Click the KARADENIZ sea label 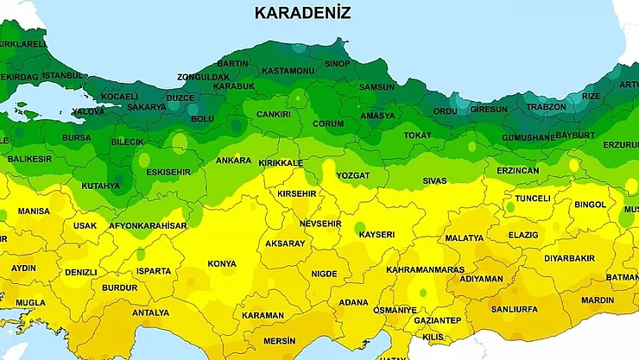[x=303, y=13]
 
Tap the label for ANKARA [x=233, y=161]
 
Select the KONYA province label [x=222, y=264]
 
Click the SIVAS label [x=434, y=181]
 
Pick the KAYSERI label [x=376, y=235]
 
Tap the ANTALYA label [x=151, y=313]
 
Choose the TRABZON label [x=546, y=107]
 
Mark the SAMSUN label [x=376, y=88]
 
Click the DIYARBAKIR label [x=569, y=258]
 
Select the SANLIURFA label [x=513, y=309]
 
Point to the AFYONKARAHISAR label [x=148, y=226]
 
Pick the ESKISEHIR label [x=169, y=172]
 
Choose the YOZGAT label [x=352, y=175]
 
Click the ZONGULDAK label [x=204, y=76]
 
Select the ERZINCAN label [x=517, y=171]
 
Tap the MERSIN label [x=280, y=341]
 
